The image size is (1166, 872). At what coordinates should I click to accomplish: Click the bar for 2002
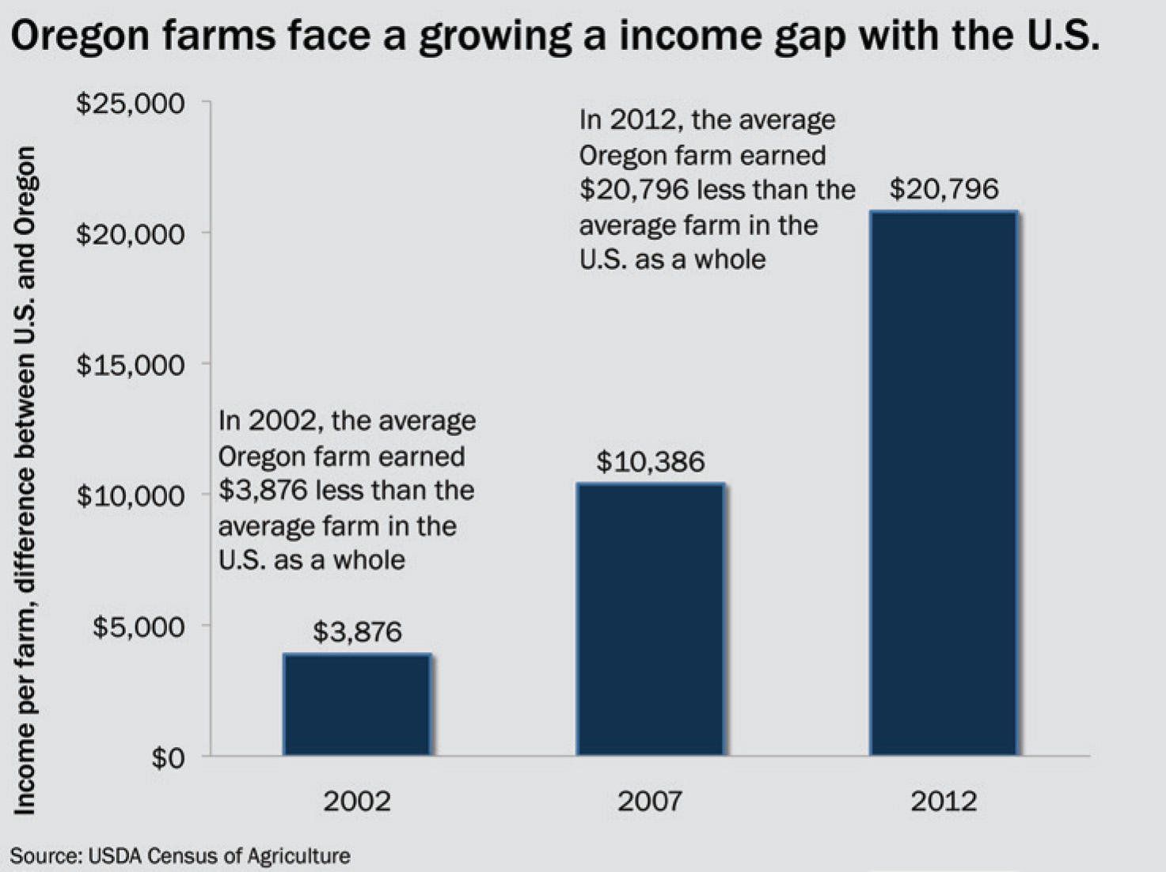click(x=357, y=704)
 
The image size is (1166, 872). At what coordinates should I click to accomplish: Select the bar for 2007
click(x=650, y=619)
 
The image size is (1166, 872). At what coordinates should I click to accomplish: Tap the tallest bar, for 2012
click(x=943, y=483)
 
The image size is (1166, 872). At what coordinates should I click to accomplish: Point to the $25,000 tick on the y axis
click(x=131, y=103)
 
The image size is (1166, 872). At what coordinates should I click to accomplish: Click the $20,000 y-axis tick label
click(x=131, y=234)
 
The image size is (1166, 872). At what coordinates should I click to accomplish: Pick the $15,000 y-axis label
click(x=131, y=365)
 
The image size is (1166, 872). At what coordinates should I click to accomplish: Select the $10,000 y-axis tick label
click(x=131, y=496)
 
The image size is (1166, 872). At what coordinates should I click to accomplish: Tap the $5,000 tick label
click(x=139, y=627)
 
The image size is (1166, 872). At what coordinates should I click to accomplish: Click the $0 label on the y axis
click(x=167, y=758)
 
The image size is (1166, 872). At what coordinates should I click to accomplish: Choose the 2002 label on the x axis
click(x=357, y=802)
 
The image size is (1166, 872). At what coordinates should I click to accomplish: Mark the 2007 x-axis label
click(x=650, y=802)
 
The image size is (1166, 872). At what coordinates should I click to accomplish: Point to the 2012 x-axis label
click(x=943, y=802)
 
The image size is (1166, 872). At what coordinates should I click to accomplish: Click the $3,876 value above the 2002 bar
click(x=357, y=631)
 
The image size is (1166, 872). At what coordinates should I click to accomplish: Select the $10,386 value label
click(x=650, y=461)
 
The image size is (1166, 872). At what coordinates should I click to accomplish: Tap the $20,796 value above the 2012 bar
click(x=944, y=189)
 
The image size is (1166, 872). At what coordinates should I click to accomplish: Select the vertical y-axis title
click(x=25, y=480)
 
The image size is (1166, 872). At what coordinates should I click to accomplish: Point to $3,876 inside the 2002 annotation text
click(x=262, y=491)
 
